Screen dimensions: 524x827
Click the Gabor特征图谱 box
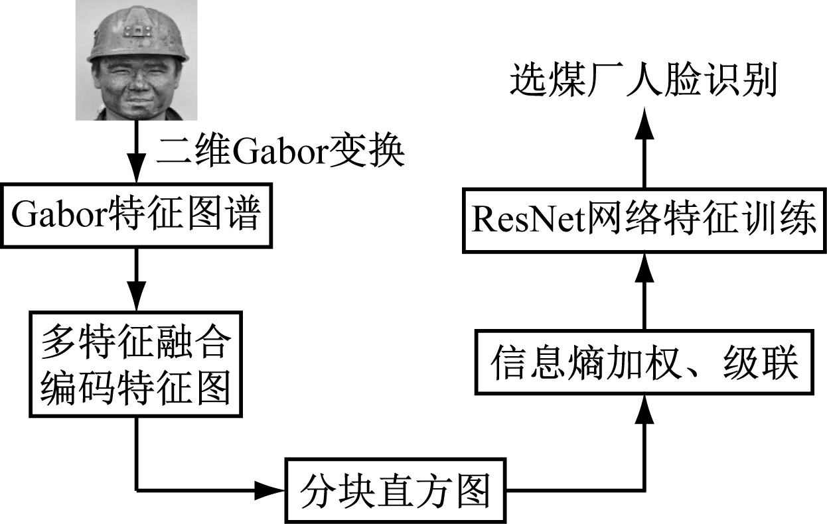pos(137,215)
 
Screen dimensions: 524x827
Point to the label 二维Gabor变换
pos(279,153)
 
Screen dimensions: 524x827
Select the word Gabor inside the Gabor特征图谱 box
pos(57,216)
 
